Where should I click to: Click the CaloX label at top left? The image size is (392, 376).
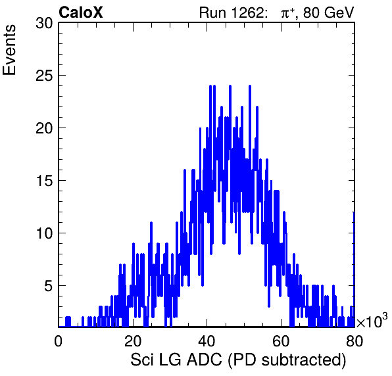[81, 12]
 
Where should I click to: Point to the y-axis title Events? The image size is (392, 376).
[9, 50]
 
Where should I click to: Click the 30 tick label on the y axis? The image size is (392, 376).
[45, 24]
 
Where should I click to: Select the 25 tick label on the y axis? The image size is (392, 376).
[45, 76]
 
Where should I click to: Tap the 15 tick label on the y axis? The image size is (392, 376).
[45, 181]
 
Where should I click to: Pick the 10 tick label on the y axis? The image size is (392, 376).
[45, 234]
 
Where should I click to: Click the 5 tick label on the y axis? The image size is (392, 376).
[49, 287]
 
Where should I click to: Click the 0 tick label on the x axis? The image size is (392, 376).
[59, 341]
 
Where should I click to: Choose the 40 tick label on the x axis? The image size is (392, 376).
[207, 341]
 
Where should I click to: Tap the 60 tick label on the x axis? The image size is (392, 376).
[280, 341]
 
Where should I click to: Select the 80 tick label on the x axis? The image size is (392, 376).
[355, 341]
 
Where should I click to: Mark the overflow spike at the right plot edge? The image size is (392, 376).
[354, 270]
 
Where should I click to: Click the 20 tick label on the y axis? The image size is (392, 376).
[45, 129]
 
